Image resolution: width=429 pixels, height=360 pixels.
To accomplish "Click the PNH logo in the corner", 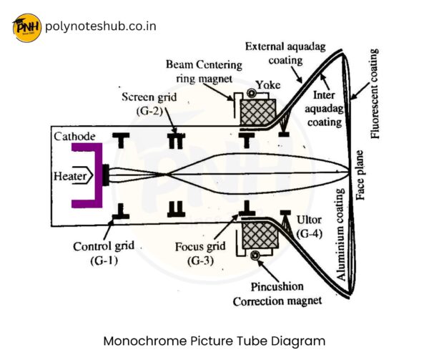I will (x=26, y=28).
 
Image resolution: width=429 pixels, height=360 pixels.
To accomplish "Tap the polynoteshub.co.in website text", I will (x=100, y=27).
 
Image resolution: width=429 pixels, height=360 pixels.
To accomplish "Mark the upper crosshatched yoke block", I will (x=257, y=113).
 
